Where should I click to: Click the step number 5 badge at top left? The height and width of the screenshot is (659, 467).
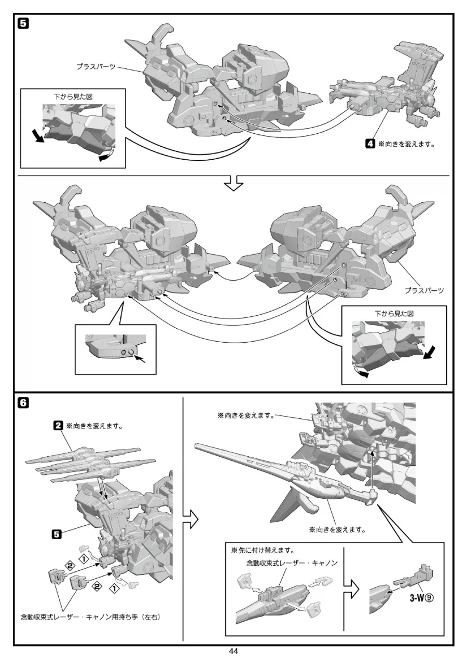[23, 24]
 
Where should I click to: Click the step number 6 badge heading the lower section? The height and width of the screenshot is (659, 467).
[23, 403]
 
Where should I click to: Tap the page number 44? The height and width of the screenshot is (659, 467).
[233, 651]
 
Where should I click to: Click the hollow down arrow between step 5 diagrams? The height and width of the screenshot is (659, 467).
[233, 183]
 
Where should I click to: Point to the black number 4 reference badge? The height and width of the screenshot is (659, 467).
[370, 144]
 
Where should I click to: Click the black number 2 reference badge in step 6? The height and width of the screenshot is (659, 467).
[58, 426]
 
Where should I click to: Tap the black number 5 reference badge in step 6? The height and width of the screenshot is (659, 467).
[57, 534]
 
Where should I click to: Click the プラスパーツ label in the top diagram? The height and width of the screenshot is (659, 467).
[97, 67]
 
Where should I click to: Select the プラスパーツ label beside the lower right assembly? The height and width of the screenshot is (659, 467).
[424, 291]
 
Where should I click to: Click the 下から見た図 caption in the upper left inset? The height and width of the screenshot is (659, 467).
[73, 97]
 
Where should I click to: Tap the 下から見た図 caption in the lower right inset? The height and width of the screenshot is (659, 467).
[394, 314]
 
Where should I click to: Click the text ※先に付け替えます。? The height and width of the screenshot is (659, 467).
[263, 550]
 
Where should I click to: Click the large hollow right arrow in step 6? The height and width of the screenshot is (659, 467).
[190, 518]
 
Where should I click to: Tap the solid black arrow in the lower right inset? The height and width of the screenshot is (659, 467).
[429, 353]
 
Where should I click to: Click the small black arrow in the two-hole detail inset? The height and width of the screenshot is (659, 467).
[141, 359]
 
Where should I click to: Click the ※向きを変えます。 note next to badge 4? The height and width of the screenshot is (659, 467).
[406, 144]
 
